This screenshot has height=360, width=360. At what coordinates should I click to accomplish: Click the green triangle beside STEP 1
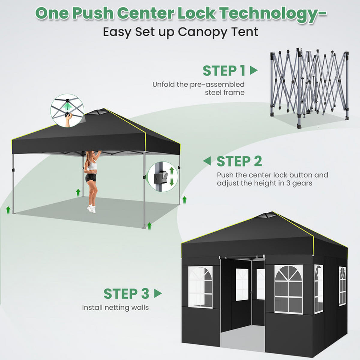254,70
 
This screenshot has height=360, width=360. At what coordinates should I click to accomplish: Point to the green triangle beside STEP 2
207,161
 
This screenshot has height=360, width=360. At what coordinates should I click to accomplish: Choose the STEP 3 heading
127,294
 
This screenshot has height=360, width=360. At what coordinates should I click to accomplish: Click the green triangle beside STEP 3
158,293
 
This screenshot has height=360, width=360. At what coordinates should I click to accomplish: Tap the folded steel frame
309,88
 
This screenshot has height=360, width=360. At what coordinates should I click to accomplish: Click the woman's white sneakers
92,208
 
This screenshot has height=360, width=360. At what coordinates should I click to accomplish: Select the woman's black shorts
91,178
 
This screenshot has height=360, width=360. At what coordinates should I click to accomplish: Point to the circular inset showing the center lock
67,111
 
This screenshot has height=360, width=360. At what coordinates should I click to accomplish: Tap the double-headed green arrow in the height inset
172,176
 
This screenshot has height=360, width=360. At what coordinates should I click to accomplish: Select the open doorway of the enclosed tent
243,303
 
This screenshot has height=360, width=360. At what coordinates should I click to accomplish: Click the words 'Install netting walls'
115,308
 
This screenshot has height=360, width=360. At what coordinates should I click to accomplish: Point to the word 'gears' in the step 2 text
302,183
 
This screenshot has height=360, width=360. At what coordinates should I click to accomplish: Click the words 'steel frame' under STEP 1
225,92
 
